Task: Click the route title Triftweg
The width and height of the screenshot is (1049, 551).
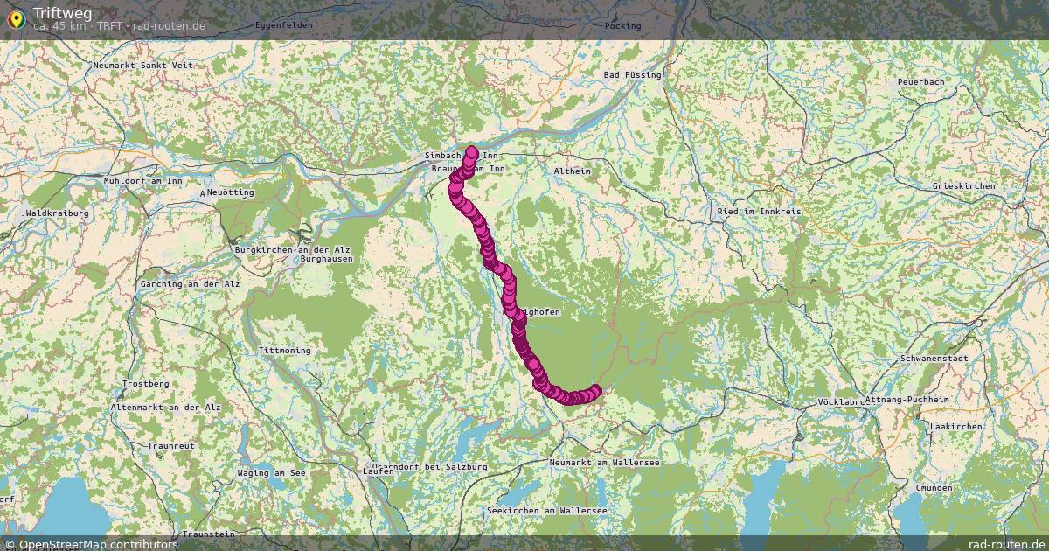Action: click(x=62, y=13)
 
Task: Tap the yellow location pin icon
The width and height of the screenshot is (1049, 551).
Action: click(x=16, y=18)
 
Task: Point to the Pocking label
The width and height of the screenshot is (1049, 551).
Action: click(x=622, y=25)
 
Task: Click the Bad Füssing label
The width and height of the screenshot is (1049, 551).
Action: click(x=632, y=75)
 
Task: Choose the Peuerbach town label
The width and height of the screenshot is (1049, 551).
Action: click(x=920, y=81)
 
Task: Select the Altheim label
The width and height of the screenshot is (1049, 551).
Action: click(x=572, y=171)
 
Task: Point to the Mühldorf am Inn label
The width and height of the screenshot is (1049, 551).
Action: click(x=142, y=180)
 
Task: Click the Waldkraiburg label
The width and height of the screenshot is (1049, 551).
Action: click(x=58, y=213)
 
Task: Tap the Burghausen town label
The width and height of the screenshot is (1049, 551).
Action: click(x=326, y=260)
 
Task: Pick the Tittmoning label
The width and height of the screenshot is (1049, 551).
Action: click(x=284, y=351)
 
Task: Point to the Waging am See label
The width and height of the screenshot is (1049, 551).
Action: click(x=271, y=473)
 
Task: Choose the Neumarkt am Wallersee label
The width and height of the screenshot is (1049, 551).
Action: click(x=604, y=462)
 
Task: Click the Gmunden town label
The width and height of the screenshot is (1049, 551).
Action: click(x=934, y=487)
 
